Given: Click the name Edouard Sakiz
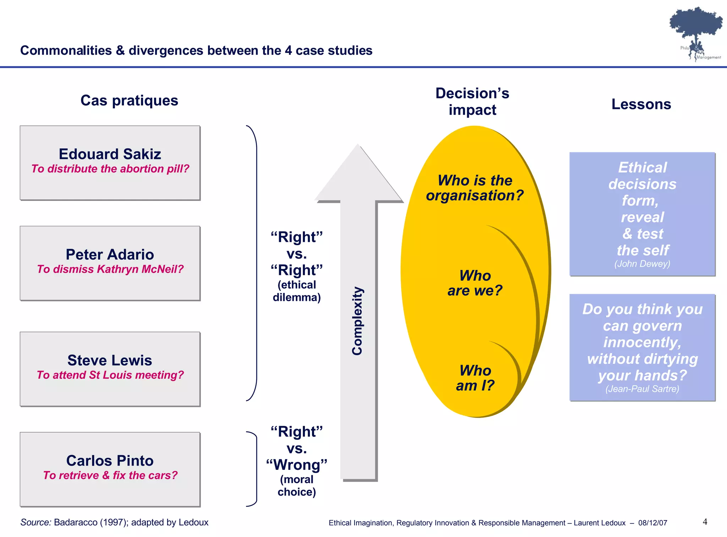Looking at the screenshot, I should point(110,154).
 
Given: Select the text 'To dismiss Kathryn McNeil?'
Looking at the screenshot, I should point(110,269).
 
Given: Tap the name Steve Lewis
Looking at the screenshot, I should point(110,360).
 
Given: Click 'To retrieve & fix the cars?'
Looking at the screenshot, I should point(110,475).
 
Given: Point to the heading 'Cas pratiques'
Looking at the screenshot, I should point(129,101).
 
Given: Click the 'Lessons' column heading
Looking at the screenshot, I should point(641,104).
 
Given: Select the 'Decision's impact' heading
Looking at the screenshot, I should point(472,102).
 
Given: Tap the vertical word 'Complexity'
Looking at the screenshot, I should point(357,321).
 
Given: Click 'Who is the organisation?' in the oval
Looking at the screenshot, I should point(475,188).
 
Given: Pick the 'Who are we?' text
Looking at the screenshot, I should point(475,283).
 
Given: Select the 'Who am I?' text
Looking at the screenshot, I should point(475,378).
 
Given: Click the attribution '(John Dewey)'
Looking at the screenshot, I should point(642,264).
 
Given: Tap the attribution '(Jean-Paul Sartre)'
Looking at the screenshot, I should point(642,389).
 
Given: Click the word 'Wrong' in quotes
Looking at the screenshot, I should point(297,465).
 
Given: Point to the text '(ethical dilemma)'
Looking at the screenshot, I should point(297,291).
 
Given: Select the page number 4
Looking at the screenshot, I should point(705,522).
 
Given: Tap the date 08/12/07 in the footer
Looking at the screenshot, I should point(652,523).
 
